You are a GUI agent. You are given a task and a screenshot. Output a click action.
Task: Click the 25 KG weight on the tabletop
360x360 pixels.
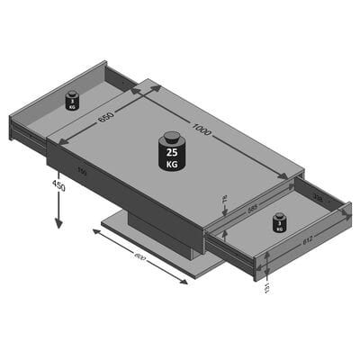click(171, 151)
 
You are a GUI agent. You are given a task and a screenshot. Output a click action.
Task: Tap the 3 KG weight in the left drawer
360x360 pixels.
click(72, 100)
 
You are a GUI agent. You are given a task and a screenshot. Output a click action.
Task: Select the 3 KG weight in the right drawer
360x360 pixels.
click(279, 222)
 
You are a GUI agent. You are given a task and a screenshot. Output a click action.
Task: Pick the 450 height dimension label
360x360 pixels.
click(58, 186)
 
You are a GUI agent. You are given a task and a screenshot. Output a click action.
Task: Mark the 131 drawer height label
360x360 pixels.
click(266, 285)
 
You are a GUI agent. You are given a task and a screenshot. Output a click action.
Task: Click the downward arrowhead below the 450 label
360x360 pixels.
click(58, 225)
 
